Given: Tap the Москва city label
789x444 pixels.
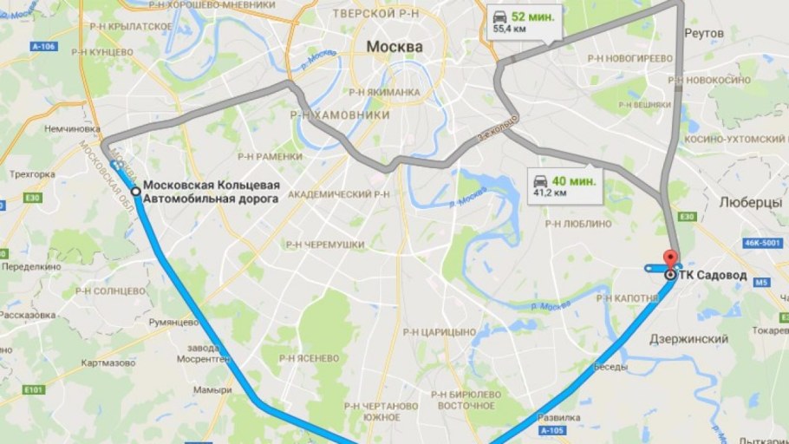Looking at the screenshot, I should click(394, 46).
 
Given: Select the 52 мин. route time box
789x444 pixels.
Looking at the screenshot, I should click(524, 23).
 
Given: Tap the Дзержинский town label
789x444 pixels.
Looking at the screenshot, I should click(688, 339).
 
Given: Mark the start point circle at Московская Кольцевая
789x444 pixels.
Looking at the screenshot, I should click(135, 192).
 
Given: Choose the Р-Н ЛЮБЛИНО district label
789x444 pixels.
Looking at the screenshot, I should click(578, 223).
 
